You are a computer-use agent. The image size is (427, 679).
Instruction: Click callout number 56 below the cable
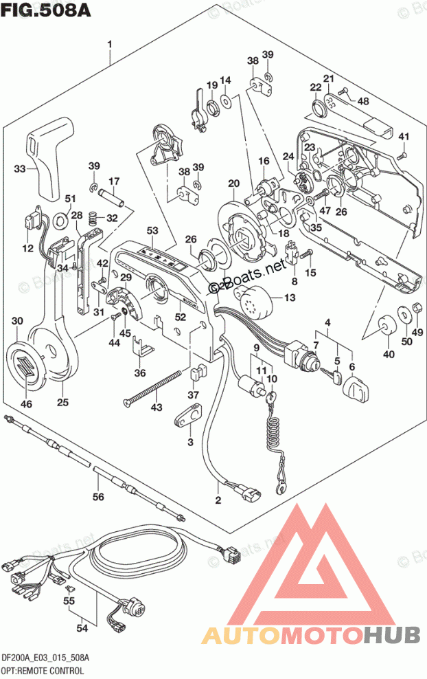pyautogui.click(x=98, y=496)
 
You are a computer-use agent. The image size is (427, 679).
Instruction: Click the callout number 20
pyautogui.click(x=233, y=183)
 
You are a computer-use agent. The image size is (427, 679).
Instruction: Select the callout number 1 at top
pyautogui.click(x=109, y=45)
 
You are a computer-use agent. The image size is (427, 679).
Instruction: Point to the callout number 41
pyautogui.click(x=403, y=135)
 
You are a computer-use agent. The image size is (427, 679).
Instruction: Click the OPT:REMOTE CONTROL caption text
pyautogui.click(x=43, y=669)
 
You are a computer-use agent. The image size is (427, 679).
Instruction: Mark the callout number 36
pyautogui.click(x=140, y=373)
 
